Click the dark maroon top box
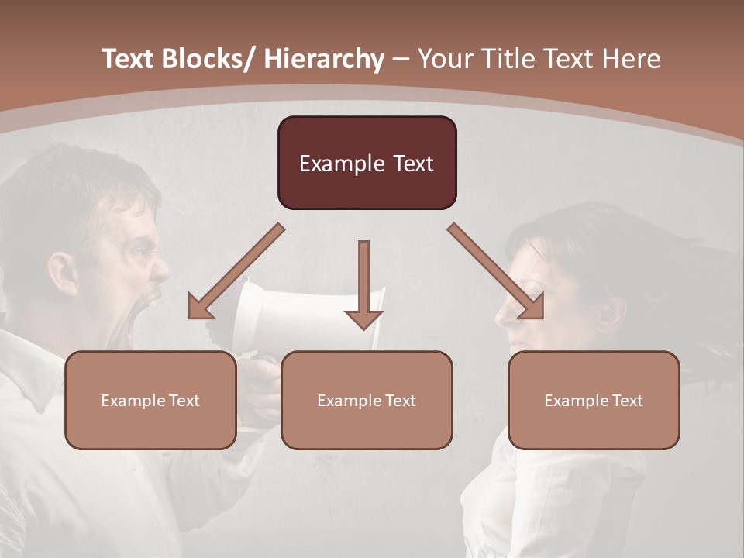tap(367, 163)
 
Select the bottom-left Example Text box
tap(150, 400)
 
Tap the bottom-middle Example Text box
tap(367, 400)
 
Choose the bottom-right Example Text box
tap(594, 400)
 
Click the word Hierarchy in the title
tap(324, 59)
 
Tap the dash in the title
tap(401, 59)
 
